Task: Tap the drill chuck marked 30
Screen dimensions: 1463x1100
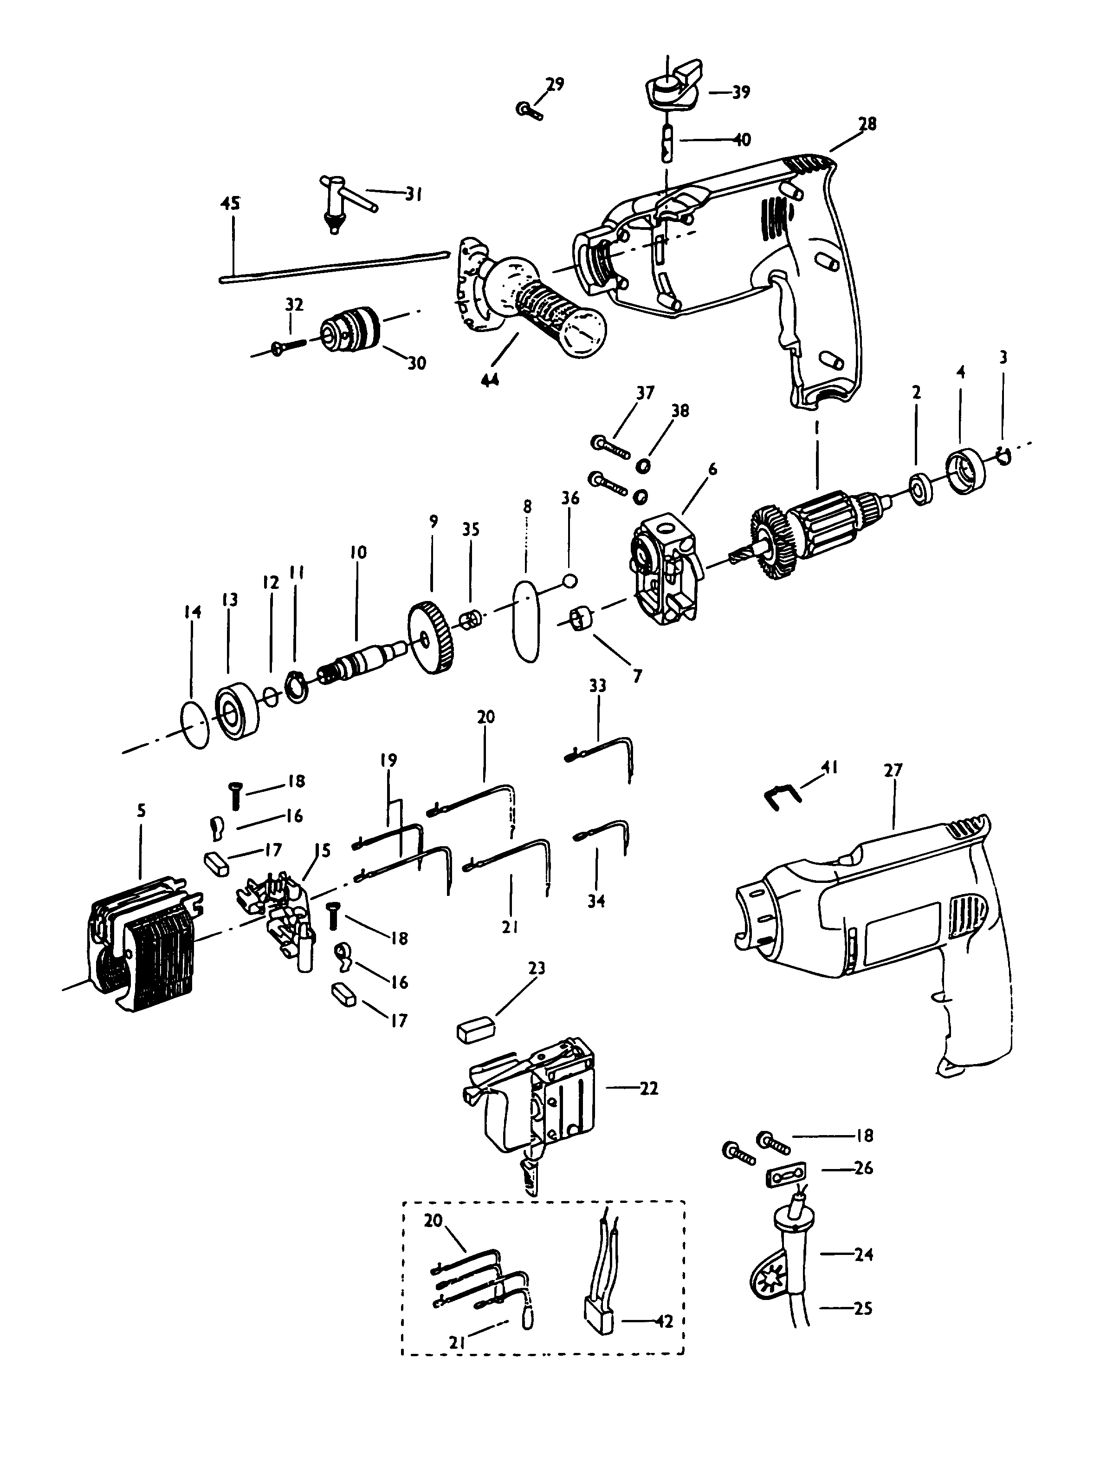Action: pyautogui.click(x=351, y=331)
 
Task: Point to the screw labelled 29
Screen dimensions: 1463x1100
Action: pyautogui.click(x=528, y=109)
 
